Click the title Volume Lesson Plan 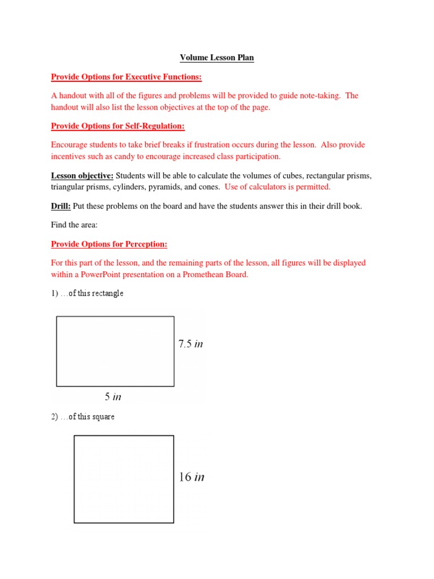(216, 58)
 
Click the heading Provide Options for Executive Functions (127, 77)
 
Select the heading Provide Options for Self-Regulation (118, 126)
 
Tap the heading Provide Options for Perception (109, 244)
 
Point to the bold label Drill (60, 206)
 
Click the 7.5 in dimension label (190, 344)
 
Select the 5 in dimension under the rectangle (113, 397)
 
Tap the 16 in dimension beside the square (191, 477)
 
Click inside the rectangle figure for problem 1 (115, 351)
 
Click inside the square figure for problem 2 (124, 479)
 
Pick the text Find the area (75, 225)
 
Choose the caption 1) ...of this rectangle (87, 293)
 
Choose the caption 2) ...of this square (83, 417)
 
